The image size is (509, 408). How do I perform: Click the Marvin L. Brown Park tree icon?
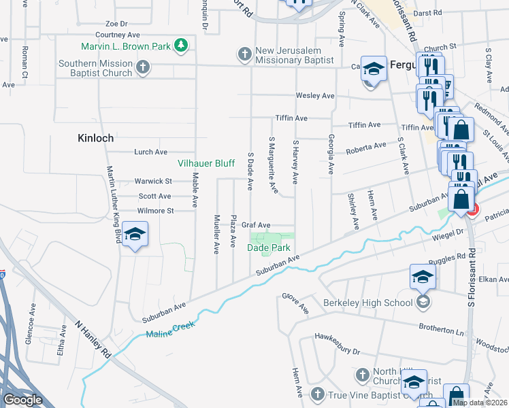(180, 46)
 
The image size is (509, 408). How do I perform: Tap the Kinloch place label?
(95, 137)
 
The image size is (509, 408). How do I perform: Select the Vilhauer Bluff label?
(206, 163)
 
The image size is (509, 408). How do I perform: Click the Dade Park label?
(268, 248)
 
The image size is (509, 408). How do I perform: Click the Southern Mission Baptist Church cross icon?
(142, 67)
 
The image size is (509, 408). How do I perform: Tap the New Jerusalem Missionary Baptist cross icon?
(244, 53)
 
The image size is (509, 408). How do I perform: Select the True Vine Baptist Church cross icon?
(316, 394)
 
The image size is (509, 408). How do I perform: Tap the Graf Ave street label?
(256, 225)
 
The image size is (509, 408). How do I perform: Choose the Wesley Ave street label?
(313, 96)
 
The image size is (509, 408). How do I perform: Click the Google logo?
(22, 400)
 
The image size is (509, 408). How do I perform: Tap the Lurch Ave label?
(150, 152)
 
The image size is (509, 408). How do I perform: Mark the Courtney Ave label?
(118, 34)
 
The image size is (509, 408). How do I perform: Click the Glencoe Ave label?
(30, 328)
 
